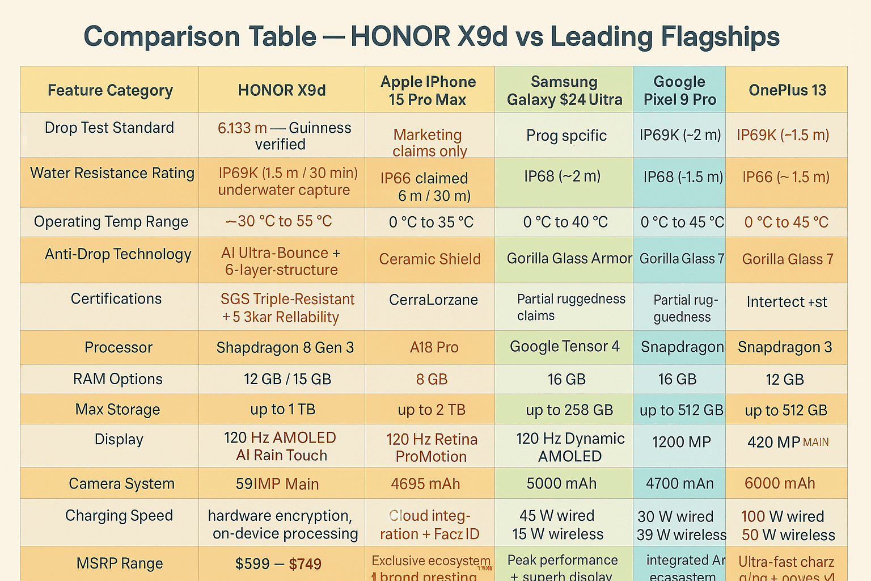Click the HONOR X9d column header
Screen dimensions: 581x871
[x=282, y=90]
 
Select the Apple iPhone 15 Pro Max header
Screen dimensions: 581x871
[x=428, y=90]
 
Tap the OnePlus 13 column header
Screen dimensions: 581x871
[x=787, y=90]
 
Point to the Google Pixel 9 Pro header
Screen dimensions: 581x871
[x=679, y=90]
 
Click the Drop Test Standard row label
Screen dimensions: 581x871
[x=109, y=128]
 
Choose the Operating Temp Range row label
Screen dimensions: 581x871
[x=111, y=222]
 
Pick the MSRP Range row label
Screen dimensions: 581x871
[x=120, y=563]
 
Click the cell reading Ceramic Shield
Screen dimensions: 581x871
[x=430, y=259]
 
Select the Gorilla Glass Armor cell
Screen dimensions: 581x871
[x=569, y=259]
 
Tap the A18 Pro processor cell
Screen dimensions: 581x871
[x=434, y=347]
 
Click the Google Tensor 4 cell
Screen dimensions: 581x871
[x=565, y=346]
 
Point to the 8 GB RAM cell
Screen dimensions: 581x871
[x=432, y=379]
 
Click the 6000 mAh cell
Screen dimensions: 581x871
[x=780, y=483]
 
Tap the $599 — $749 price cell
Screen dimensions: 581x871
[x=278, y=564]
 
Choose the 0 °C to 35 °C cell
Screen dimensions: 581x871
[x=431, y=222]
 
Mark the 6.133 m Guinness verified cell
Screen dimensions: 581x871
[x=284, y=136]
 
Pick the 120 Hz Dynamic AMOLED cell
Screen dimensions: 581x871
[x=570, y=447]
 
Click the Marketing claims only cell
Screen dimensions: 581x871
[x=429, y=142]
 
